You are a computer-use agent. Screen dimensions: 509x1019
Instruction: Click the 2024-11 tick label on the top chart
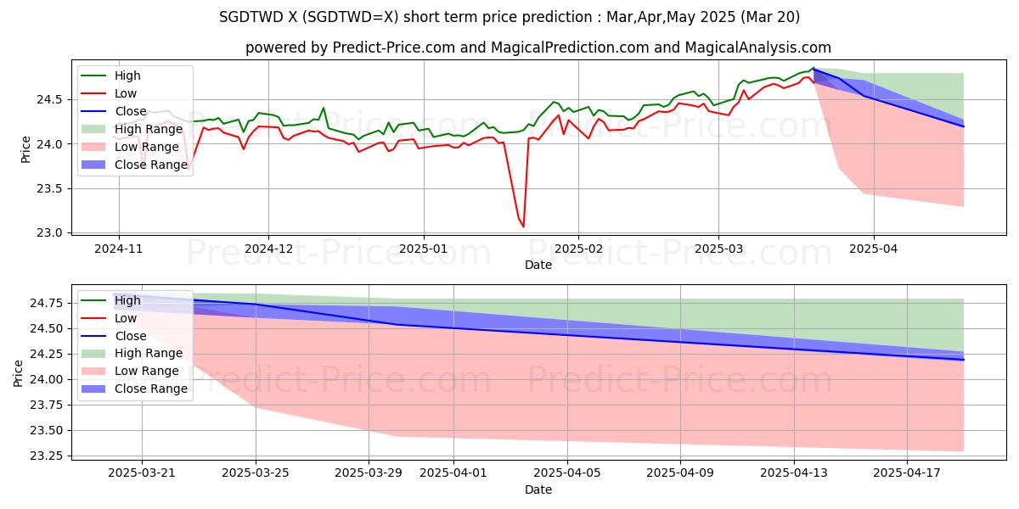118,249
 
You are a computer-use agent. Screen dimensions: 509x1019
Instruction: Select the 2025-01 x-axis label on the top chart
423,249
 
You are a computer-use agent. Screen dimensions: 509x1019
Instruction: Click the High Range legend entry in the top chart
145,129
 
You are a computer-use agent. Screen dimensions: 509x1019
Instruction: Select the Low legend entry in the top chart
125,93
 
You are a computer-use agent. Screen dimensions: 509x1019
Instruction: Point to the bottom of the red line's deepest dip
523,227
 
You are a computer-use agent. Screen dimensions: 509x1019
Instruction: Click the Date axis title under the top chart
538,265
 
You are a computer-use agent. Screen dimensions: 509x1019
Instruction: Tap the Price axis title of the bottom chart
19,372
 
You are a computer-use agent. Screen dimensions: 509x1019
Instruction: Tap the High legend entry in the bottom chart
127,300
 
